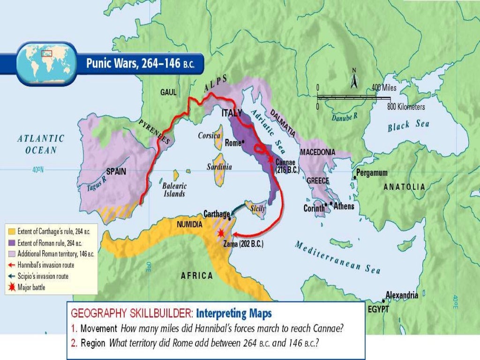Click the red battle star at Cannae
271,159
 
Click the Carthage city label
216,214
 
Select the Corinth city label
314,208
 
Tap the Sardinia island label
219,167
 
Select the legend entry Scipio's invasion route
43,276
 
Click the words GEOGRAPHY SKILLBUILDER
130,313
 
